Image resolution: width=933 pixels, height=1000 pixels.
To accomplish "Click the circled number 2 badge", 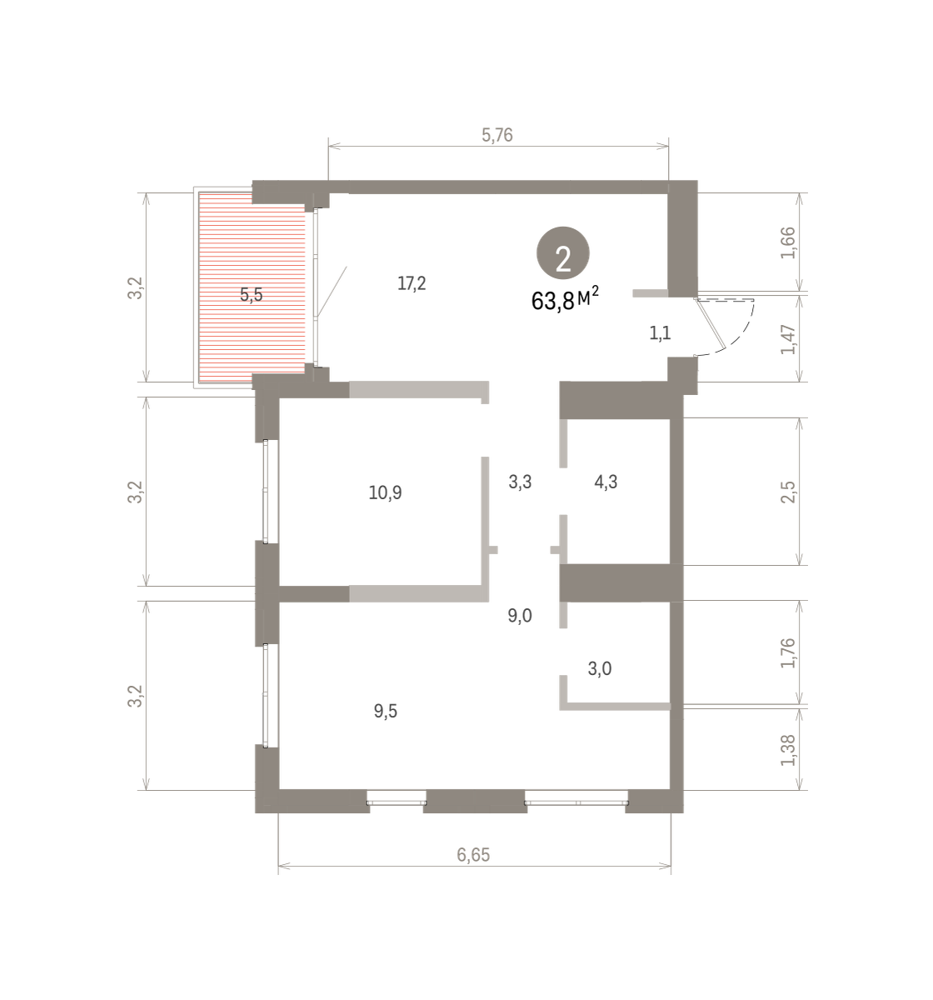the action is [x=562, y=253].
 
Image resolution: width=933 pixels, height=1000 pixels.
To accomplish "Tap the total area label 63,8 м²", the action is [x=565, y=299].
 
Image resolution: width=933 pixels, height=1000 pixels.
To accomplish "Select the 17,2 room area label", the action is [x=412, y=283].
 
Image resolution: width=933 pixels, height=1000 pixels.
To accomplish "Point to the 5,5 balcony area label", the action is [x=251, y=294].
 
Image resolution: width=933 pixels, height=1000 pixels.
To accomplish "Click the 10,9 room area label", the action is [x=385, y=492].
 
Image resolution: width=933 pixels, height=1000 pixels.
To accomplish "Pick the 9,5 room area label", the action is [x=385, y=711].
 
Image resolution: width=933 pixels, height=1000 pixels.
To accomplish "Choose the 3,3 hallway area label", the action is [x=520, y=482].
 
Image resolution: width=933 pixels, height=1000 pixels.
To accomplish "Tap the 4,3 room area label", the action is [x=606, y=482].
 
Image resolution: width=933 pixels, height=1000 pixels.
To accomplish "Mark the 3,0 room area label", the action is [x=599, y=668].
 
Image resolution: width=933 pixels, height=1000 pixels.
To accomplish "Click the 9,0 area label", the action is [x=520, y=615].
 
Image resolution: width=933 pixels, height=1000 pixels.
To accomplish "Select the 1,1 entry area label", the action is [x=660, y=332].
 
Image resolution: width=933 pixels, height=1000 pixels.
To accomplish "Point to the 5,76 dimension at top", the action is [x=497, y=135].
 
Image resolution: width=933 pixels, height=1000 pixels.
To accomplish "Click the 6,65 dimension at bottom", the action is [x=473, y=854].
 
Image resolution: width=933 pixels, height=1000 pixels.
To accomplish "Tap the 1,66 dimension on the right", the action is [x=789, y=243].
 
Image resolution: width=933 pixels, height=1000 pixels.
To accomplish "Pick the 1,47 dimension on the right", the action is [x=789, y=340].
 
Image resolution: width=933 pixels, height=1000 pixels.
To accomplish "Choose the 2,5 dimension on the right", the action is [x=789, y=492].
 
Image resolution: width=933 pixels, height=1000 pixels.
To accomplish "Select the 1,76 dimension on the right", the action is [x=789, y=653].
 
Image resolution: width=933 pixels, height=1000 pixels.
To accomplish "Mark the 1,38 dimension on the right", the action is [x=789, y=750].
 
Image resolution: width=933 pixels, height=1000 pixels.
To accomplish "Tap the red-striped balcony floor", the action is [x=252, y=287].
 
